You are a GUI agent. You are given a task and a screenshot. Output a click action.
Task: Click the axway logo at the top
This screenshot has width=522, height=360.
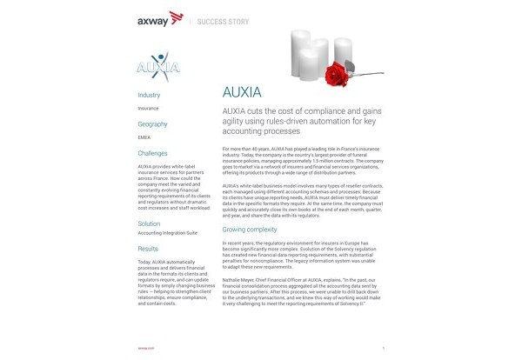point(159,17)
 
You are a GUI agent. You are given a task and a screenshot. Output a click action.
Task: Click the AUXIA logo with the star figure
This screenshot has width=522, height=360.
point(160,66)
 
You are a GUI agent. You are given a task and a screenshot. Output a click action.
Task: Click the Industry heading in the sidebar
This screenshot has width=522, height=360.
point(149,95)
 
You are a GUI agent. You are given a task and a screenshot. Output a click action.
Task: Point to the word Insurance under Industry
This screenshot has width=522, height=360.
point(148,109)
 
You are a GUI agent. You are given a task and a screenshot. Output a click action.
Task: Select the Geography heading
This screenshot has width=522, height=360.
point(152,124)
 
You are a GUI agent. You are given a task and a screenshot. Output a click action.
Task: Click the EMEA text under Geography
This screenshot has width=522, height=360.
point(144,137)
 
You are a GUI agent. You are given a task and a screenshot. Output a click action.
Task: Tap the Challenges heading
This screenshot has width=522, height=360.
point(153,153)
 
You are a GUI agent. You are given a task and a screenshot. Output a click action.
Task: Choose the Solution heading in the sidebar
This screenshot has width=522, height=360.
point(149,223)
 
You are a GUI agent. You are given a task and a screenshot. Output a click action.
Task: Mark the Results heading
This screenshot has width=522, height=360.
point(148,249)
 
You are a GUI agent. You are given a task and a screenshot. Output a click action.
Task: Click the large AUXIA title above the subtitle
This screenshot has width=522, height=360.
point(244,92)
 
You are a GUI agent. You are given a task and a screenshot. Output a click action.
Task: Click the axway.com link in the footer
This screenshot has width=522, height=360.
point(145,346)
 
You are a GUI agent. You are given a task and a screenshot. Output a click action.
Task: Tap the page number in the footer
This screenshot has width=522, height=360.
point(383,346)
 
